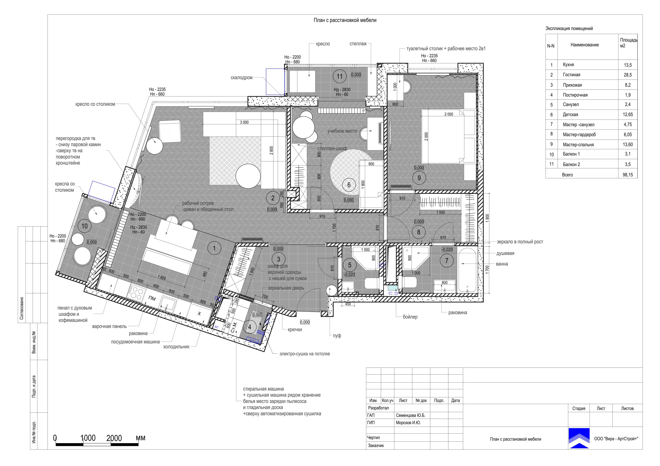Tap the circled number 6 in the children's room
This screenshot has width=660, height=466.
pyautogui.click(x=349, y=185)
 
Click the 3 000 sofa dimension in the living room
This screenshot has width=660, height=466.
pyautogui.click(x=244, y=122)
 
